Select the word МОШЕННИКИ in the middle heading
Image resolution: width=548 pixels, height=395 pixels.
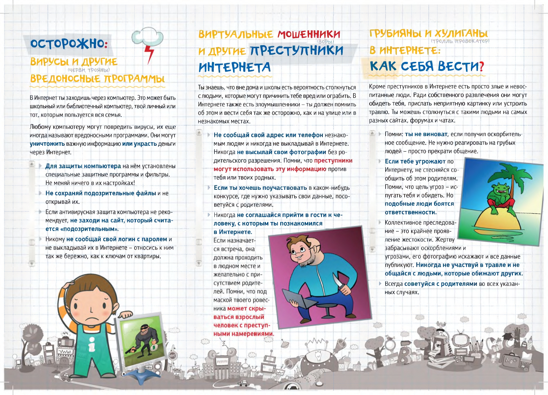[x=309, y=35]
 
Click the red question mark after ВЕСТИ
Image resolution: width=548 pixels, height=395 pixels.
[x=481, y=66]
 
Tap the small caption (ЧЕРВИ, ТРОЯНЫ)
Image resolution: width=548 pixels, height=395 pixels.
[x=89, y=70]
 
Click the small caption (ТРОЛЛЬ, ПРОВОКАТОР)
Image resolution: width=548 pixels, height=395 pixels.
[x=460, y=41]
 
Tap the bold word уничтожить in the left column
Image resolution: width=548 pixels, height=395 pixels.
[x=47, y=144]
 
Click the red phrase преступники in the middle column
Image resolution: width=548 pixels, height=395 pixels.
[x=333, y=161]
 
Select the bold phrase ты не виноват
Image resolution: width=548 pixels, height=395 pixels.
[x=426, y=134]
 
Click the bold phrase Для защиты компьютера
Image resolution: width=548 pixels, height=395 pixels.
[x=83, y=166]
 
